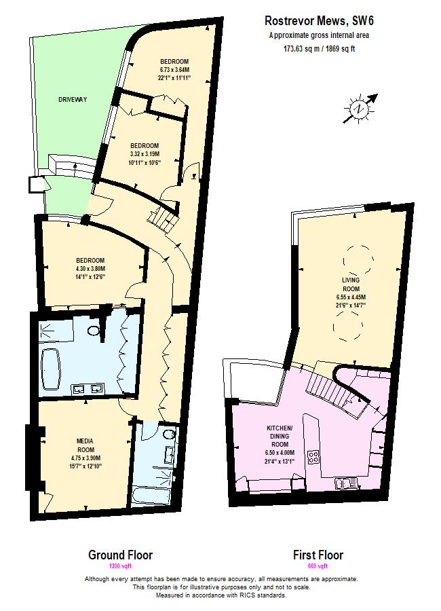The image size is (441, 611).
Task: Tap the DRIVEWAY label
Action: pyautogui.click(x=72, y=100)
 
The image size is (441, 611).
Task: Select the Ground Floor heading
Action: pyautogui.click(x=121, y=555)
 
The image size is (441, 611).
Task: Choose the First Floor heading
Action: pyautogui.click(x=318, y=555)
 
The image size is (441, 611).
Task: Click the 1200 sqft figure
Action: pyautogui.click(x=121, y=566)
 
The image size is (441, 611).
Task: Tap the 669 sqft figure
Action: pyautogui.click(x=318, y=566)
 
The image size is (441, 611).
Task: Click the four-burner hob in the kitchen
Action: pyautogui.click(x=314, y=457)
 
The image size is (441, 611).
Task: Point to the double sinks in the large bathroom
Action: pyautogui.click(x=88, y=389)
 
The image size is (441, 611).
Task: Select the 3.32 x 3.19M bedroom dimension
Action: pyautogui.click(x=145, y=154)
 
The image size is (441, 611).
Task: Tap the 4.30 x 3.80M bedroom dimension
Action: pyautogui.click(x=90, y=269)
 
